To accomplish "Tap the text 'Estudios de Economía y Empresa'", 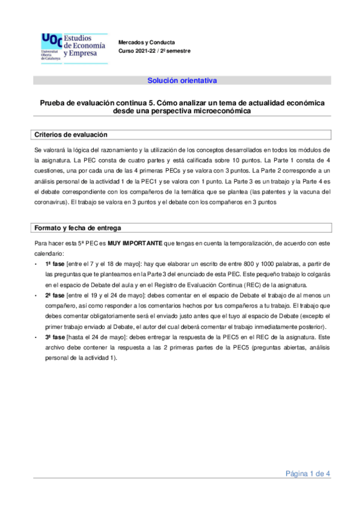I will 84,45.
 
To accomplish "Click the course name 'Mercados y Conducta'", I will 147,43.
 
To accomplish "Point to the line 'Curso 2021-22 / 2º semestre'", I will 154,51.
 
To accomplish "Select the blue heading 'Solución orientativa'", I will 182,80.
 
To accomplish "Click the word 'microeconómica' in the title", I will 215,111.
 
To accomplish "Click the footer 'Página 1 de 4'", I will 307,474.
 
